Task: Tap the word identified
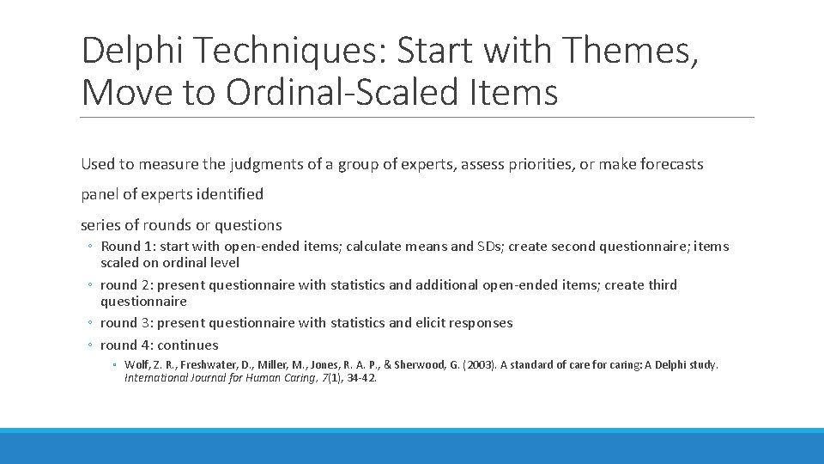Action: click(x=230, y=194)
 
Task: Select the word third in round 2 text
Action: click(x=661, y=285)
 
